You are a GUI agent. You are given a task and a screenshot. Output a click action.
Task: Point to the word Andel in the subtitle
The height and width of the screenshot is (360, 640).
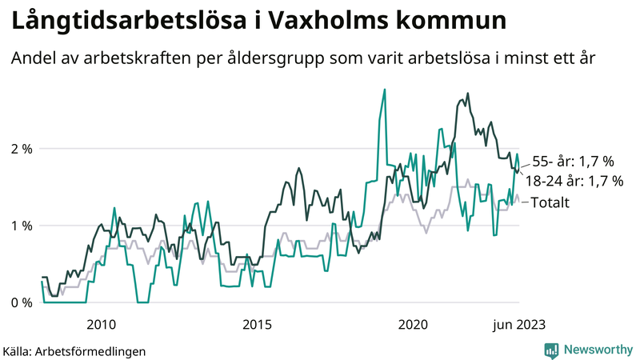(x=34, y=59)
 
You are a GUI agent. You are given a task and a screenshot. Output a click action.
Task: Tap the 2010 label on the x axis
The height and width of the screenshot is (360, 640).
(x=101, y=324)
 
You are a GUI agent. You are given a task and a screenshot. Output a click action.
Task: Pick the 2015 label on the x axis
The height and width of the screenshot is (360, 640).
(x=257, y=324)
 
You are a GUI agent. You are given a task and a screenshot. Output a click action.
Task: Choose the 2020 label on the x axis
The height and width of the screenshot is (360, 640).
(x=413, y=324)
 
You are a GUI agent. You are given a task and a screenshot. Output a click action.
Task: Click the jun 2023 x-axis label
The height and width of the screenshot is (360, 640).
(x=518, y=324)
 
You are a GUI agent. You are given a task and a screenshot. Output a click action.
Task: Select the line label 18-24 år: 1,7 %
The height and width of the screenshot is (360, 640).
(x=573, y=182)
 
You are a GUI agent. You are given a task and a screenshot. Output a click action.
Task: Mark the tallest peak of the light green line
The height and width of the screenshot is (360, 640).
(x=385, y=90)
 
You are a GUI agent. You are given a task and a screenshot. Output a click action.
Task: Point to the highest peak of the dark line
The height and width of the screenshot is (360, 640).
(x=467, y=94)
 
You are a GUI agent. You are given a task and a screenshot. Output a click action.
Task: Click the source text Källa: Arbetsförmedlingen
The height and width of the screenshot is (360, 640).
(x=74, y=350)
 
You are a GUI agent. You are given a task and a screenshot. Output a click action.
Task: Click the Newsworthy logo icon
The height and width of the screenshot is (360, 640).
(x=551, y=350)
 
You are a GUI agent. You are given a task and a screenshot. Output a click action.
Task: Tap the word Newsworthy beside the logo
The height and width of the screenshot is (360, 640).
(x=598, y=350)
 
